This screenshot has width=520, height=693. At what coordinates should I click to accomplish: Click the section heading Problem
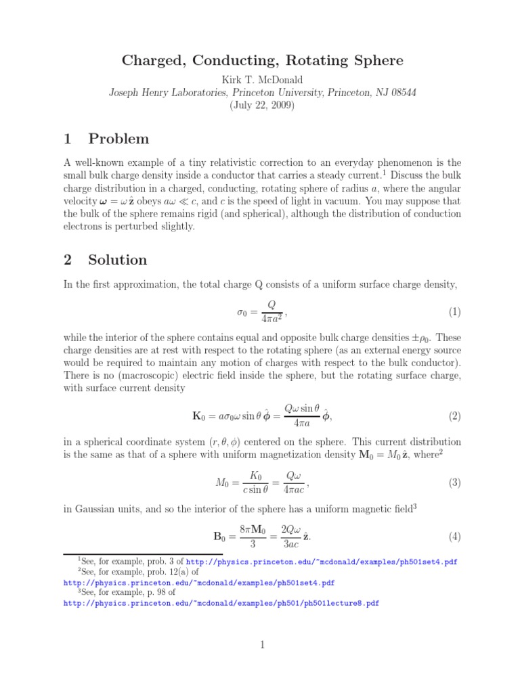click(118, 139)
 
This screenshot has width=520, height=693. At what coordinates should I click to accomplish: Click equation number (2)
click(454, 416)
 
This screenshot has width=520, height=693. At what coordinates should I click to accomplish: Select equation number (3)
click(454, 483)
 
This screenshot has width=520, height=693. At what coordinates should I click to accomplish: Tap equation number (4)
click(454, 537)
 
